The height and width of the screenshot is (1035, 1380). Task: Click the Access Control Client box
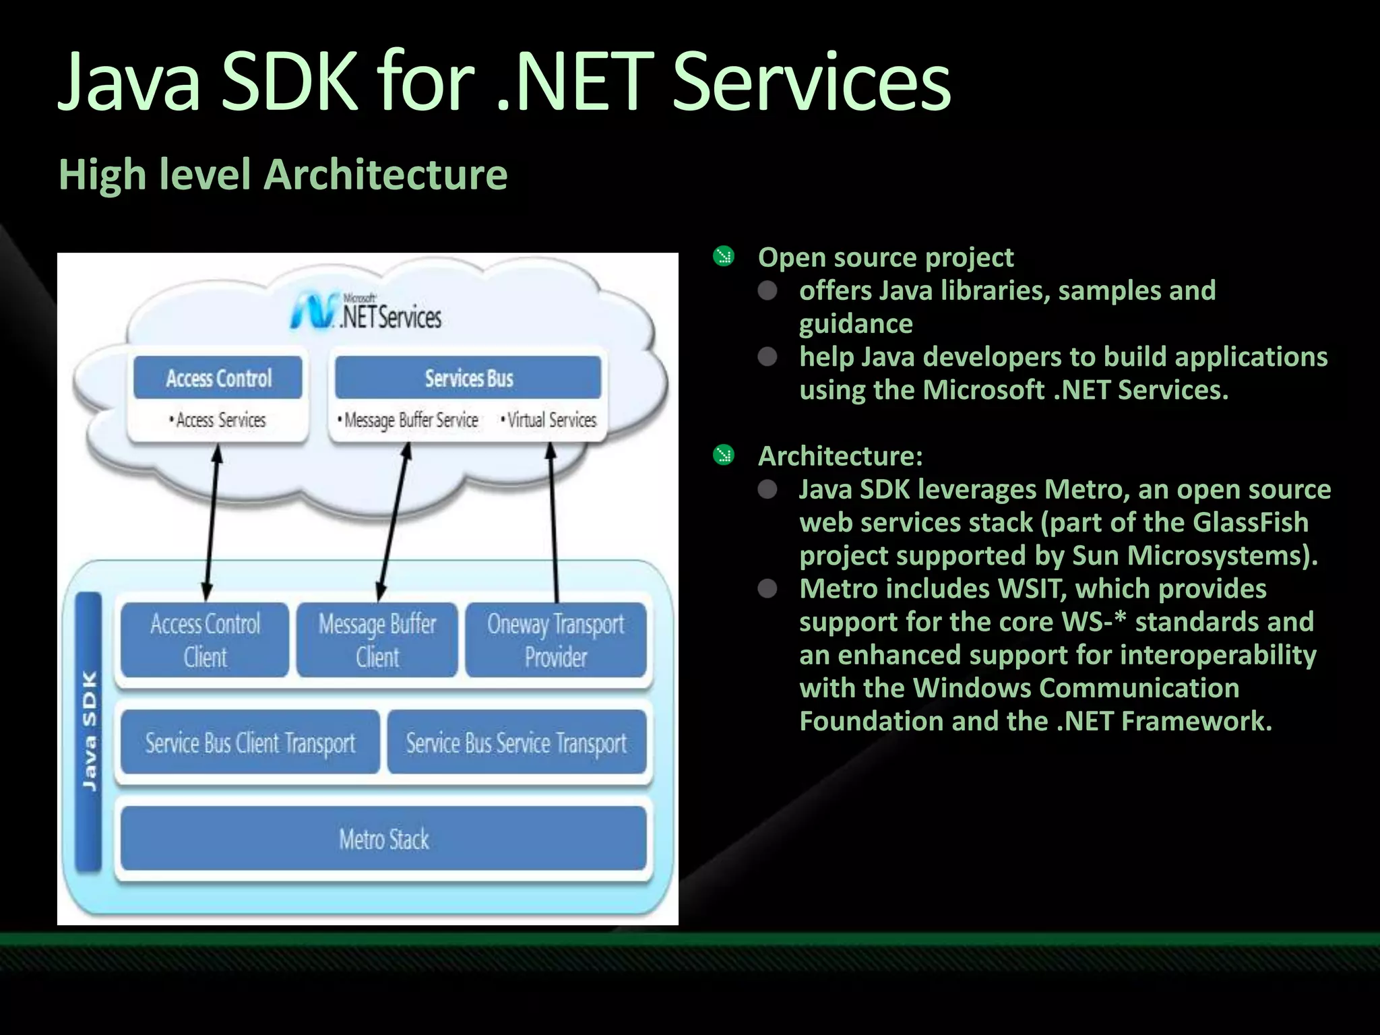pos(205,639)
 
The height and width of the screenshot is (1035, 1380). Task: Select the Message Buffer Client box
pos(377,639)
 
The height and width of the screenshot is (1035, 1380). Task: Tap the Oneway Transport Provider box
pos(556,639)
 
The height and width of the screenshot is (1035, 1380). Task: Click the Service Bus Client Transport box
pos(250,742)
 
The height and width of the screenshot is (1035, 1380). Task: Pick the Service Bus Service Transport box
pos(516,742)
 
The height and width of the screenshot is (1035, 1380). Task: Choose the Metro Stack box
pos(383,839)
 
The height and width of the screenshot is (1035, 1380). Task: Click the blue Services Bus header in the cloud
pos(468,378)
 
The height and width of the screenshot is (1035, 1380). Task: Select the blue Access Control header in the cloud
pos(218,378)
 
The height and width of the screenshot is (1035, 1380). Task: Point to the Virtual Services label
pos(550,420)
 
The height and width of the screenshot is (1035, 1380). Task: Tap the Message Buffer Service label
pos(410,420)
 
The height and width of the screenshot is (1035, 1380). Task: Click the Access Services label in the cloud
pos(219,420)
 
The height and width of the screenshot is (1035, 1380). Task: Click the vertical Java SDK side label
pos(89,731)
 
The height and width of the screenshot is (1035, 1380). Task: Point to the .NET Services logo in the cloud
pos(367,313)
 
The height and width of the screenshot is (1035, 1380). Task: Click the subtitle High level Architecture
pos(283,175)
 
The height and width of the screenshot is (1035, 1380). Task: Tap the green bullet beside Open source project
pos(724,257)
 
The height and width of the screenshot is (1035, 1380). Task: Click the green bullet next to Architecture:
pos(724,456)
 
